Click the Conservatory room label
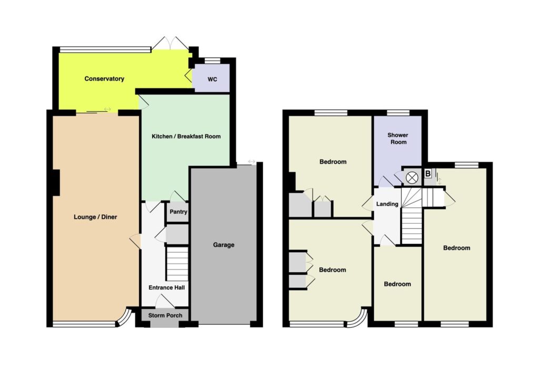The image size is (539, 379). tap(104, 79)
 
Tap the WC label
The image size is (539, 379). tap(212, 79)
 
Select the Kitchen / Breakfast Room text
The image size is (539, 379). tap(186, 136)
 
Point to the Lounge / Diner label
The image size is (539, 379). tap(95, 217)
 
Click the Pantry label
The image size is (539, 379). tap(178, 212)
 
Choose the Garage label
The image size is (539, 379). tap(223, 245)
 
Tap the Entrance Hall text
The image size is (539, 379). tap(166, 287)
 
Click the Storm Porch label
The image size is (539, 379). tap(165, 315)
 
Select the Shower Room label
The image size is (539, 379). tap(398, 138)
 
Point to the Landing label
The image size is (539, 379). tap(387, 204)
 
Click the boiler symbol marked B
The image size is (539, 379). tap(427, 174)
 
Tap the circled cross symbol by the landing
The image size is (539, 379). tap(412, 178)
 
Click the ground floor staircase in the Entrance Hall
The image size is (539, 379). tap(177, 264)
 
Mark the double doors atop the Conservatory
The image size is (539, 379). tap(170, 43)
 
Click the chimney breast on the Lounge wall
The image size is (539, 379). tap(55, 183)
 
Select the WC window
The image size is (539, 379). tap(212, 61)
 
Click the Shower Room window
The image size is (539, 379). tap(398, 113)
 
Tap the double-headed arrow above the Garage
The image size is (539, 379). tap(252, 162)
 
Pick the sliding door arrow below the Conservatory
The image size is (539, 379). tap(107, 109)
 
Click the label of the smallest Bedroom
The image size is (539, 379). tap(397, 284)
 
